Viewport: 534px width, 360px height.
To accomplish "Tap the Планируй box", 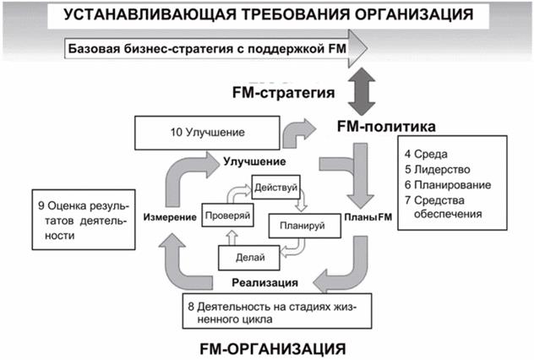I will coord(297,226).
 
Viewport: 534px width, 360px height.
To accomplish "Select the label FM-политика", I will coord(385,128).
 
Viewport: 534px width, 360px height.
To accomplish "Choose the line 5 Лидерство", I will coord(434,169).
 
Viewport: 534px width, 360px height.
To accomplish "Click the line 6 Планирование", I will coord(445,184).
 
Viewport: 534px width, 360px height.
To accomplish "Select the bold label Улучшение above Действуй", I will coord(253,161).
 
